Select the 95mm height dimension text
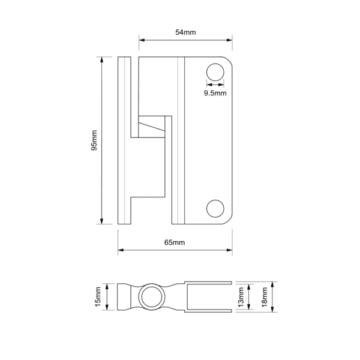tap(94, 140)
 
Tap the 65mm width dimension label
tap(175, 242)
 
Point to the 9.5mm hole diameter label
tap(215, 93)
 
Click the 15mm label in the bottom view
tap(98, 297)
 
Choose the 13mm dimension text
tap(241, 297)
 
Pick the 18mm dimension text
tap(264, 297)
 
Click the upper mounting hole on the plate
tap(214, 73)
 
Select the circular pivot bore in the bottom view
tap(151, 297)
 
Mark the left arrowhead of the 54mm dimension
tap(142, 41)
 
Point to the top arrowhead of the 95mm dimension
tap(103, 59)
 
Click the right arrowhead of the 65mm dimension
tap(230, 250)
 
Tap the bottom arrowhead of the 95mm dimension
tap(103, 221)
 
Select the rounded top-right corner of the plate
tap(229, 61)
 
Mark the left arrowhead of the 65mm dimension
tap(120, 250)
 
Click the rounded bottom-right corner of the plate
tap(229, 220)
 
